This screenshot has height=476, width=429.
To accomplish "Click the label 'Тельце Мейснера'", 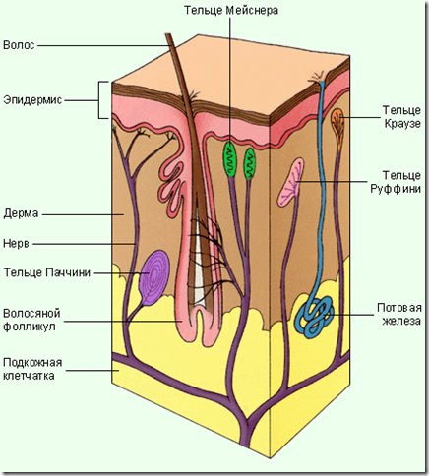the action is point(231,11).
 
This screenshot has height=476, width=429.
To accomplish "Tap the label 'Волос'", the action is point(19,45).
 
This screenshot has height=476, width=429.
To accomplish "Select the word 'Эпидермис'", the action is point(32,99).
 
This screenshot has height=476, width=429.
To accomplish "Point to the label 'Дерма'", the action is point(21,213).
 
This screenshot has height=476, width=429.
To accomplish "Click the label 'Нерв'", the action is point(16,244).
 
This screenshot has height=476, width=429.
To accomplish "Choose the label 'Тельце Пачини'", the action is point(47,272).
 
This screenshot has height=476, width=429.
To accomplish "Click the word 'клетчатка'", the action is point(29,376).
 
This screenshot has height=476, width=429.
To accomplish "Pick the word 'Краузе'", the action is point(402,124).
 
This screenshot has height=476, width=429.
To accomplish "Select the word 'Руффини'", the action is point(396,189).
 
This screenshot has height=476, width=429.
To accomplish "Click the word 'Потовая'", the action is point(399,308).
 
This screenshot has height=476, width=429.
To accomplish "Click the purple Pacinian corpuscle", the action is point(153,277).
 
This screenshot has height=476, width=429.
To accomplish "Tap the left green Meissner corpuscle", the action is point(229,159).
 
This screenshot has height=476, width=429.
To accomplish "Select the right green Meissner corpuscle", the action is point(249,164).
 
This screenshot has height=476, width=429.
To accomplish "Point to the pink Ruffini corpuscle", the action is point(290,182).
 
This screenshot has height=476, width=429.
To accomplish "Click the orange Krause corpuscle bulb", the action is point(337,123).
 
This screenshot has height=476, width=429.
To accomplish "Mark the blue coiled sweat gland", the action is point(314,317).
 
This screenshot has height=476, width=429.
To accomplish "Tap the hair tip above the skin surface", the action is point(168,34).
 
